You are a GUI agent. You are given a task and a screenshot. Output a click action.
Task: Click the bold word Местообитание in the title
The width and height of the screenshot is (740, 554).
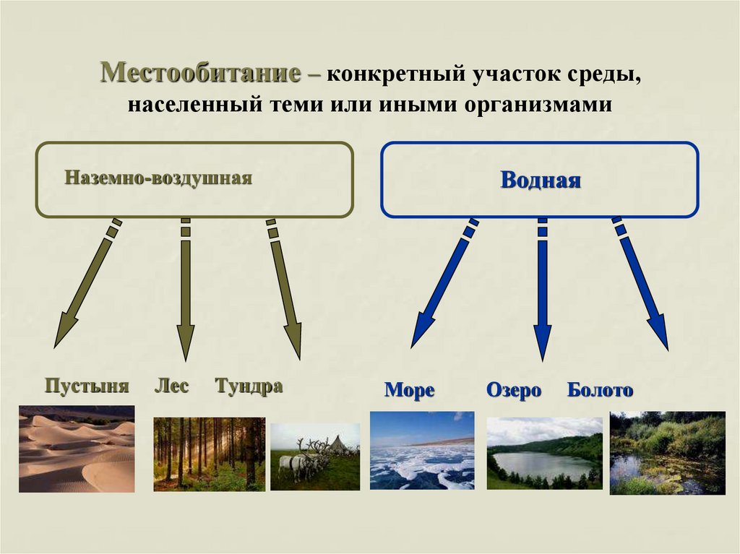[201, 74]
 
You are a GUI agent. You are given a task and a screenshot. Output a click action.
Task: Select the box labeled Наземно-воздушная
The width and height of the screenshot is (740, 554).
[194, 180]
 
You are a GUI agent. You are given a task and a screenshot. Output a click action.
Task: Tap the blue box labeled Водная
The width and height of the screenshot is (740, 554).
[540, 180]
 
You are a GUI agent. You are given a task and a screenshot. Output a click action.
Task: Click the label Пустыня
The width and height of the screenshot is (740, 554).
[87, 386]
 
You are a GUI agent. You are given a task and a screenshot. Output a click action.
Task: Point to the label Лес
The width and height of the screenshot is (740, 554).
[171, 386]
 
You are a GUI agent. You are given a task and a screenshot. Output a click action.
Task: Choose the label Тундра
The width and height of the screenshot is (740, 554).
[249, 386]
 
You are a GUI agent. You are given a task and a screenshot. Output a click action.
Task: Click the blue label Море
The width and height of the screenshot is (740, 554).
[409, 391]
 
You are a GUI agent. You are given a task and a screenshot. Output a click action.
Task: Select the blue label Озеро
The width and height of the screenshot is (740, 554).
[514, 391]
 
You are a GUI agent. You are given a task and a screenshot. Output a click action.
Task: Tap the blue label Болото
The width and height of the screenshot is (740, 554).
[600, 391]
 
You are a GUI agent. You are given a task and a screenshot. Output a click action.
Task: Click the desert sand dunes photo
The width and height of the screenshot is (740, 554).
[77, 449]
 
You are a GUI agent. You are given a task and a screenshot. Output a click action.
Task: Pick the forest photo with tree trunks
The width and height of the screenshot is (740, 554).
[209, 454]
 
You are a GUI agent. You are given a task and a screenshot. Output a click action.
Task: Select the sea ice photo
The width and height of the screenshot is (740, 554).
[422, 451]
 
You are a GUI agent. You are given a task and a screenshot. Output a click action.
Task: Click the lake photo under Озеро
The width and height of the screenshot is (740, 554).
[544, 453]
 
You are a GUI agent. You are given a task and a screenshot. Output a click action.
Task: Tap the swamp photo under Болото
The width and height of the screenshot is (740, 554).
[667, 453]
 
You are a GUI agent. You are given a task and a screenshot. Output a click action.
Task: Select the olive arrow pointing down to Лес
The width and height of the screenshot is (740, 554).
[186, 289]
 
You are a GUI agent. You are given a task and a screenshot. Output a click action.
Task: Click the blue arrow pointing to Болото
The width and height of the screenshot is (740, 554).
[641, 285]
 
